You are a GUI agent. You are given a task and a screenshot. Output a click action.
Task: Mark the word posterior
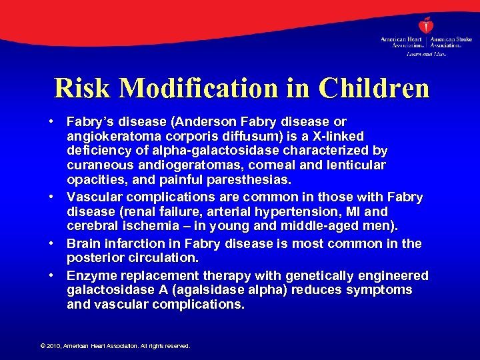pos(95,257)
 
